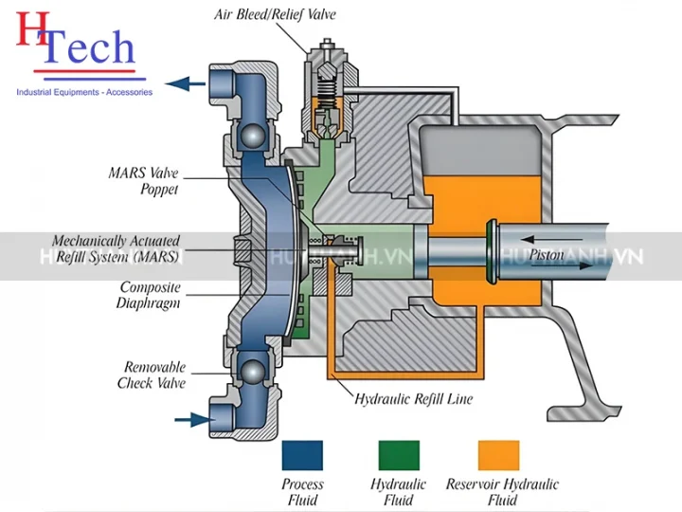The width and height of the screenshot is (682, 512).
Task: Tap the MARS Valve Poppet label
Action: tap(143, 181)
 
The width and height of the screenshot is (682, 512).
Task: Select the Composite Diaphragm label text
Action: tap(150, 295)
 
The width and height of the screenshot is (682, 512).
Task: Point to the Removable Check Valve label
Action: tap(154, 375)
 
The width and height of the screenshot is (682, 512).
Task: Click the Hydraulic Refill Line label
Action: tap(413, 399)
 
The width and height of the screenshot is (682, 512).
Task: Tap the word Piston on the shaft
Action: tap(547, 255)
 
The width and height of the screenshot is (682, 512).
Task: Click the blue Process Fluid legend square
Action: tap(302, 455)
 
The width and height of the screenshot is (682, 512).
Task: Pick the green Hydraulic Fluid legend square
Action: tap(399, 455)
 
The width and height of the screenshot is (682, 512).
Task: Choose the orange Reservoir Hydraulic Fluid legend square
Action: tap(498, 455)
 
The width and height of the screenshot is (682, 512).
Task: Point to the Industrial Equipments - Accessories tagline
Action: tap(84, 92)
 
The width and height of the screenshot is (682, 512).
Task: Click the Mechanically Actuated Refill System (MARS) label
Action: tap(116, 248)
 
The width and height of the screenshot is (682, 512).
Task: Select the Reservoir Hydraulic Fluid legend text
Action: tap(501, 491)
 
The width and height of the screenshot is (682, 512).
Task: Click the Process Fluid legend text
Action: tap(302, 491)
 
